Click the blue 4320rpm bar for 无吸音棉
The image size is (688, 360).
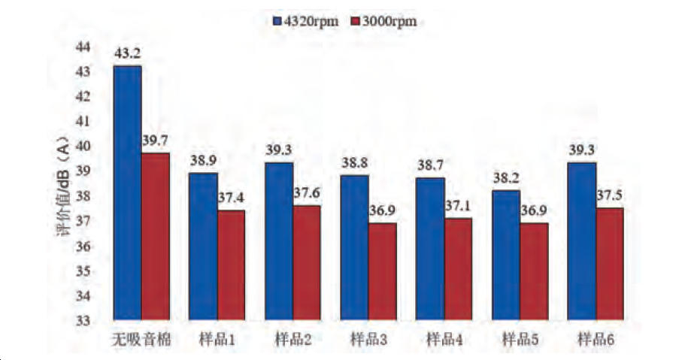(x=127, y=193)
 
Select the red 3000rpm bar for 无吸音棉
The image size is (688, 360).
(x=156, y=237)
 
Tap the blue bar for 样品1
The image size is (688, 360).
(x=203, y=247)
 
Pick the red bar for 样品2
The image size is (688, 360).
(x=307, y=263)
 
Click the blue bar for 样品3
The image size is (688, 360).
(x=354, y=248)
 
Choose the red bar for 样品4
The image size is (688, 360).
(x=458, y=269)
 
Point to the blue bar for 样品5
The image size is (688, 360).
(x=505, y=256)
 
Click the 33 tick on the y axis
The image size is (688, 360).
(x=82, y=321)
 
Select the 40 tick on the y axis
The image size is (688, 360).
(x=82, y=147)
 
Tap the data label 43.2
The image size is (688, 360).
(x=127, y=54)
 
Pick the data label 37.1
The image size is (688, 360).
(x=458, y=207)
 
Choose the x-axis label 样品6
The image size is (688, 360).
(x=595, y=339)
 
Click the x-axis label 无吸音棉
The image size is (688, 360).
(x=141, y=339)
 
